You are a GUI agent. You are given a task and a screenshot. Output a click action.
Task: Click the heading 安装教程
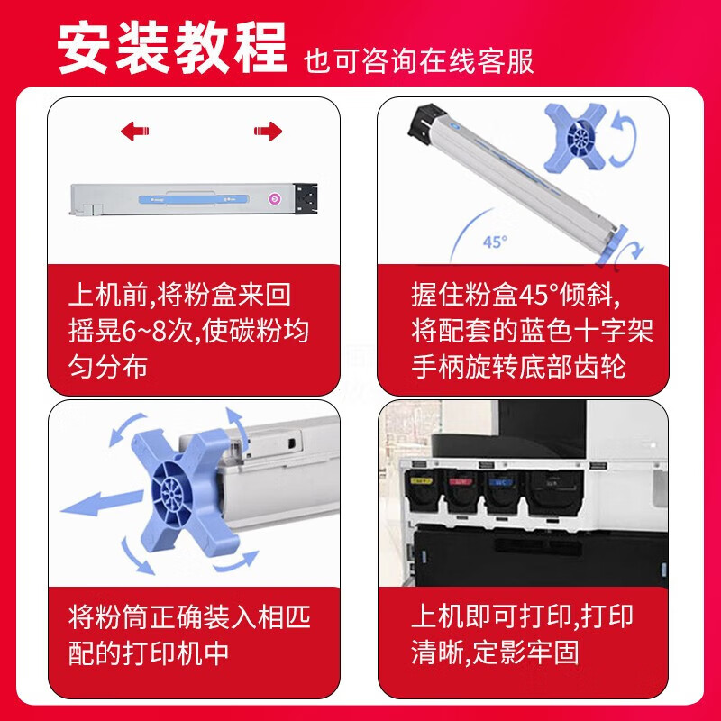(172, 48)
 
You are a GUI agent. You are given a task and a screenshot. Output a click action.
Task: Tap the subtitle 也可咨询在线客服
(418, 60)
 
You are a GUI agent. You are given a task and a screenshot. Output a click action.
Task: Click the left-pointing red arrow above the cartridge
(134, 131)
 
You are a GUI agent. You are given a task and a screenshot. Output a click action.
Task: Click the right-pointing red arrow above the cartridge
(268, 131)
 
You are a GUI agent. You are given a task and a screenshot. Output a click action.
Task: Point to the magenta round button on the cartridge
(275, 198)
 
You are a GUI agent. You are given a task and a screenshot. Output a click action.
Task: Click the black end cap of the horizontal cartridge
(306, 198)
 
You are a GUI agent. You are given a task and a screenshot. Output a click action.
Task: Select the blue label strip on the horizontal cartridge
(194, 199)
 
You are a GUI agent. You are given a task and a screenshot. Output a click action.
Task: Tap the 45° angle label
(495, 242)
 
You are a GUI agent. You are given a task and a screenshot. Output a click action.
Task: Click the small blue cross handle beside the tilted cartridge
(576, 138)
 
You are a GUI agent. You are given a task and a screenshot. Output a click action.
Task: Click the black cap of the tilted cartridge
(425, 122)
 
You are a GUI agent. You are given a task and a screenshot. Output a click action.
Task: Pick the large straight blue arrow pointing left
(102, 503)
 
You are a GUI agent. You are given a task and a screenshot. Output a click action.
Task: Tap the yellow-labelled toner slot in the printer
(422, 491)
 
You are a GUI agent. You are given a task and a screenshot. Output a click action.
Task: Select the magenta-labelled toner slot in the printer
(461, 491)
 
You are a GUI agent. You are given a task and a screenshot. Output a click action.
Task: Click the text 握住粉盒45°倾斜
(516, 295)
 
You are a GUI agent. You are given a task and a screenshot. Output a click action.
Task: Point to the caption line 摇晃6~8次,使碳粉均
(188, 330)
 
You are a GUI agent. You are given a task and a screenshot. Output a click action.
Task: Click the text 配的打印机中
(149, 652)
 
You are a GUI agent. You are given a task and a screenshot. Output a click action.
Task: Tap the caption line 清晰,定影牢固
(495, 652)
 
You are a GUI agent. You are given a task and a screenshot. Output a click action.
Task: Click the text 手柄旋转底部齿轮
(519, 367)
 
